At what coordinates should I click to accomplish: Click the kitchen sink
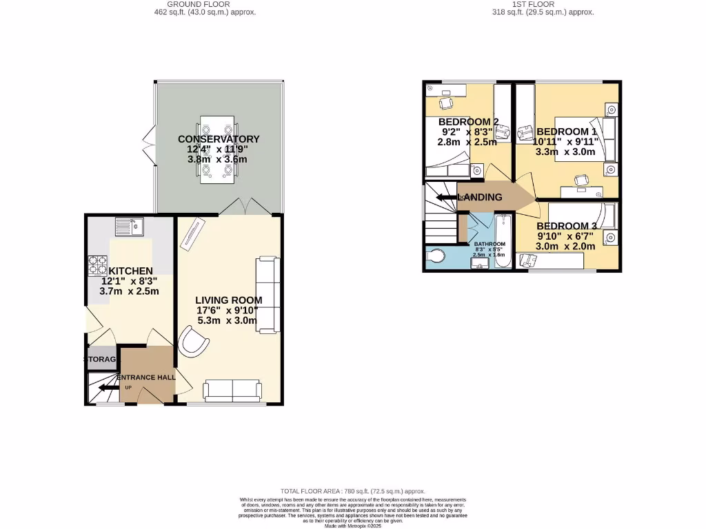[x=128, y=226]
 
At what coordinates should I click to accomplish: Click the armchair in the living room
[x=194, y=342]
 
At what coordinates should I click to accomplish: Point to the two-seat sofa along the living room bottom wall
[x=233, y=391]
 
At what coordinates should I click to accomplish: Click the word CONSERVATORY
[x=217, y=138]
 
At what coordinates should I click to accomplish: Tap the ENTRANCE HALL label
[x=145, y=377]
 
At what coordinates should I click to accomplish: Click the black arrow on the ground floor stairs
[x=107, y=388]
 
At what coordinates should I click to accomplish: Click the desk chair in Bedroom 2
[x=446, y=103]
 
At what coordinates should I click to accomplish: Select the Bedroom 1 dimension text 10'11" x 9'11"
[x=565, y=142]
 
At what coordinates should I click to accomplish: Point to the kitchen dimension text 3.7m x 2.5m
[x=130, y=291]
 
